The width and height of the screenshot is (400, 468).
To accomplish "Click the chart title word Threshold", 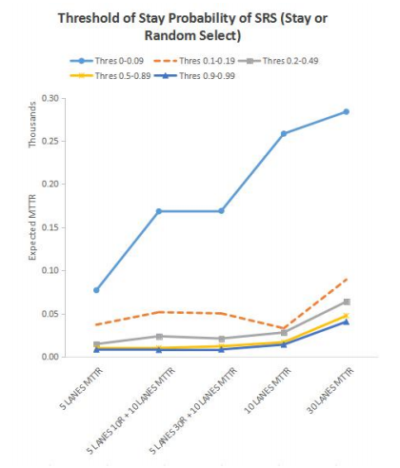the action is (x=89, y=18).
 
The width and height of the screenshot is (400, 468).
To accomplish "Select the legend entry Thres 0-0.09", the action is (x=107, y=61).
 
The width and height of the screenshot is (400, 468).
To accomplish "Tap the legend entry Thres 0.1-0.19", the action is (x=194, y=61).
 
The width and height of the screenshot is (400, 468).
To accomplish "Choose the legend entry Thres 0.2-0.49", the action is (x=278, y=61).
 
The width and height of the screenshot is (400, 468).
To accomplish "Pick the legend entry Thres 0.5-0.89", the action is (x=110, y=76).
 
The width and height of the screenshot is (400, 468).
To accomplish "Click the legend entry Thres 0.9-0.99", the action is (x=194, y=76).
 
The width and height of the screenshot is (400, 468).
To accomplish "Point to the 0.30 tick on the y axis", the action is (x=50, y=98).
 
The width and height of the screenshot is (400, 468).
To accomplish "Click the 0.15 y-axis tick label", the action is (x=50, y=227).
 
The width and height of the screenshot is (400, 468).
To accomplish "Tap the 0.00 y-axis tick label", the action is (x=50, y=357).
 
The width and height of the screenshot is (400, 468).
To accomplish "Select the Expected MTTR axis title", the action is (x=32, y=227).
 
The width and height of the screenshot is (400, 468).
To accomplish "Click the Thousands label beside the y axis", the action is (x=32, y=125).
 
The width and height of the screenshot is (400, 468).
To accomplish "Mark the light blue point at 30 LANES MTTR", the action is (x=346, y=111).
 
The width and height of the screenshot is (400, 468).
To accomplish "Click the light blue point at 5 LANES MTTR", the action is (x=96, y=290).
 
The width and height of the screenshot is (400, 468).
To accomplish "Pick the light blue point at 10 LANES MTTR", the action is (x=284, y=133).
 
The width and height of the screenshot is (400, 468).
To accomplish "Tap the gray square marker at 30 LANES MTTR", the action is (x=347, y=302).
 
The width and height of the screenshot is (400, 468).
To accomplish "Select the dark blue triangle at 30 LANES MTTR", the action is (x=346, y=322).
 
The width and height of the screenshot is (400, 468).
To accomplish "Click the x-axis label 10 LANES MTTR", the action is (x=268, y=390).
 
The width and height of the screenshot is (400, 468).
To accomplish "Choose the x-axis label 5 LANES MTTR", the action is (x=81, y=388).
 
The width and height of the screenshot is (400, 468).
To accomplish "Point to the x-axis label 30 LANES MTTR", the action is (x=330, y=390).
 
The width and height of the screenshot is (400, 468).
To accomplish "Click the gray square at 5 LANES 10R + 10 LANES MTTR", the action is (x=159, y=337).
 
